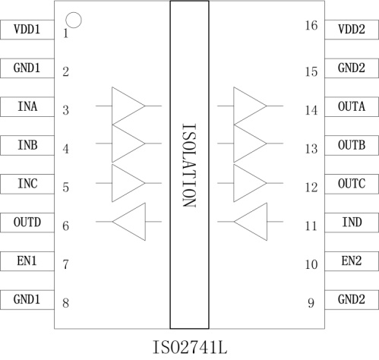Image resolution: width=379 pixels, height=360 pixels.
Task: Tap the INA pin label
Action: [x=27, y=106]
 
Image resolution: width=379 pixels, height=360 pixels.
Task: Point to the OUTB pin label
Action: [x=352, y=145]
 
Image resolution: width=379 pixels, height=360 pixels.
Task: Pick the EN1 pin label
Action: [x=27, y=261]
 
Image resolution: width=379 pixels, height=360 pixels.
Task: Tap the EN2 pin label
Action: [x=352, y=261]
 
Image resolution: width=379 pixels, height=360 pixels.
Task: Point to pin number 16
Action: [x=311, y=25]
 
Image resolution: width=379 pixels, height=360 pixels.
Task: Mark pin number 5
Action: [x=66, y=188]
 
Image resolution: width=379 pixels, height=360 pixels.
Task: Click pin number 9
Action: [x=311, y=303]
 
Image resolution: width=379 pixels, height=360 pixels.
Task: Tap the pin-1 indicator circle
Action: [x=74, y=13]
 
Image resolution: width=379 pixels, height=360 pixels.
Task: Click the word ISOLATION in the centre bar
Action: [x=189, y=166]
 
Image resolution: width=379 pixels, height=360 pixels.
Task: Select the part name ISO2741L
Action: [x=190, y=348]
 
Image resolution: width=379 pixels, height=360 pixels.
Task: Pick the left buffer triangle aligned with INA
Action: [x=112, y=106]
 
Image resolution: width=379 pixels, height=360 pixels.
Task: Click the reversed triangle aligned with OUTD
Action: [x=145, y=222]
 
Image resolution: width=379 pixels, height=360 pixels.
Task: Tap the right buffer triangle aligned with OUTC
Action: [x=234, y=183]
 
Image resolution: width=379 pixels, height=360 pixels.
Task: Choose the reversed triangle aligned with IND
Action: [x=267, y=222]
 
